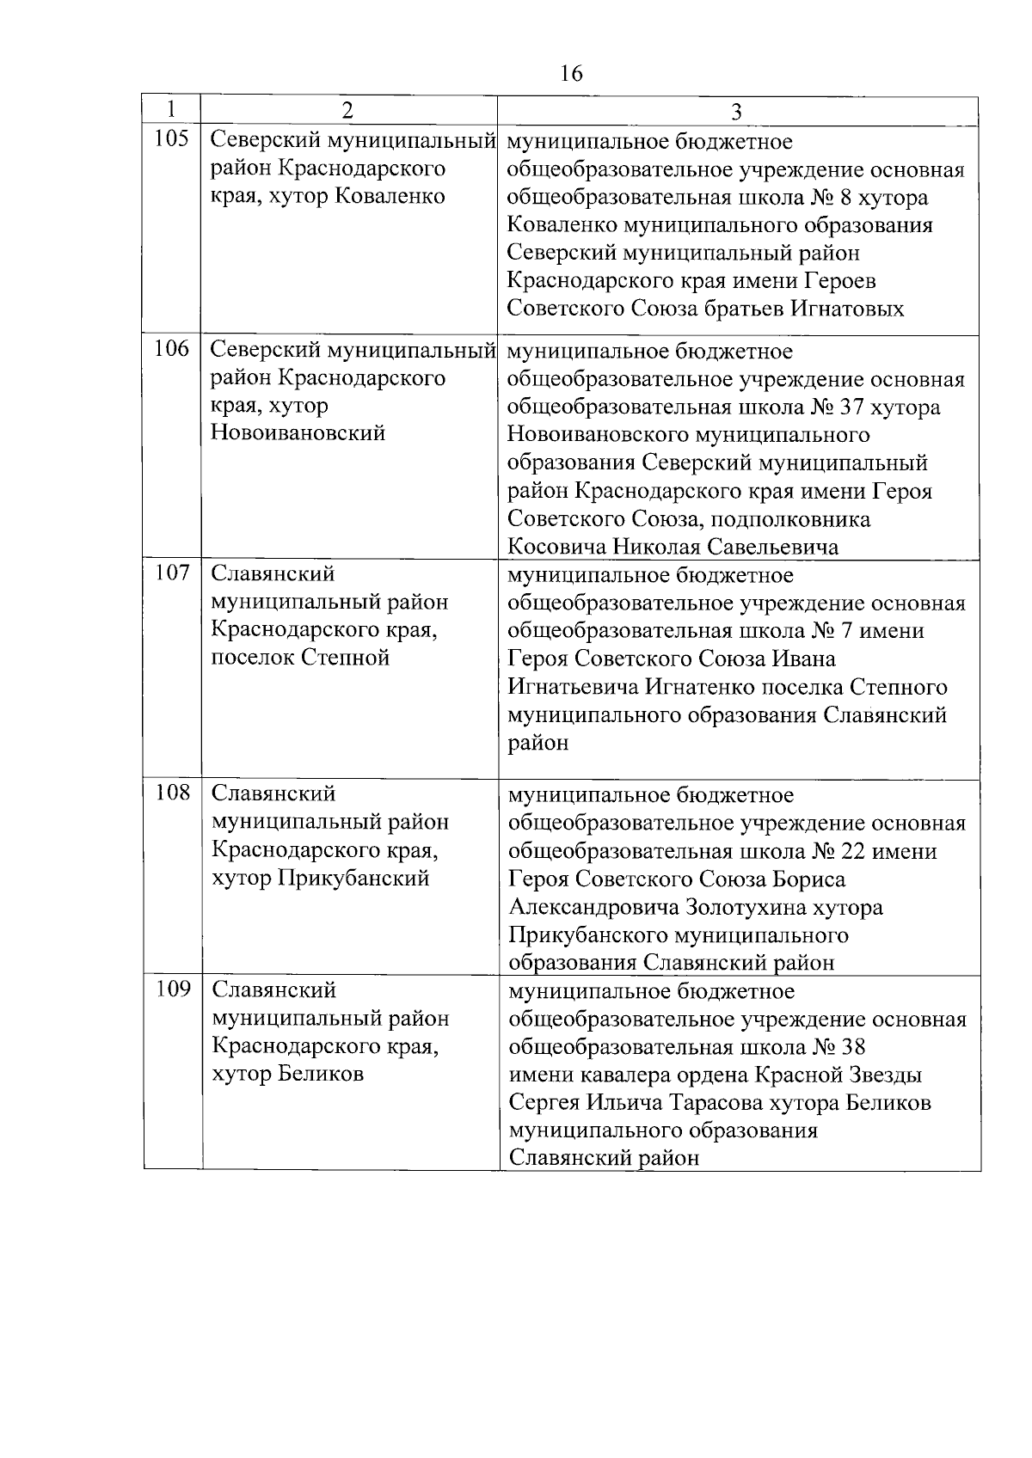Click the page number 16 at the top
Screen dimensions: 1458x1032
[571, 74]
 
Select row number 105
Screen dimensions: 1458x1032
[171, 139]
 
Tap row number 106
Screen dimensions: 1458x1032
[171, 349]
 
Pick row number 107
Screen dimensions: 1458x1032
[172, 573]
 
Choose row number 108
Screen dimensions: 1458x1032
[172, 793]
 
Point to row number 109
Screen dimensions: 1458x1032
[172, 989]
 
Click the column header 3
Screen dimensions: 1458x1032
[737, 111]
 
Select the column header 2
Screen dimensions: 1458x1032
[347, 111]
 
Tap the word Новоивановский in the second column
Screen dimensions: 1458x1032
[298, 432]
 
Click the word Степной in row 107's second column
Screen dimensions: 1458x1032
[346, 658]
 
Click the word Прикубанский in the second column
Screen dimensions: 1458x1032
[353, 879]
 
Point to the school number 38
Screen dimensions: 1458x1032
[851, 1047]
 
